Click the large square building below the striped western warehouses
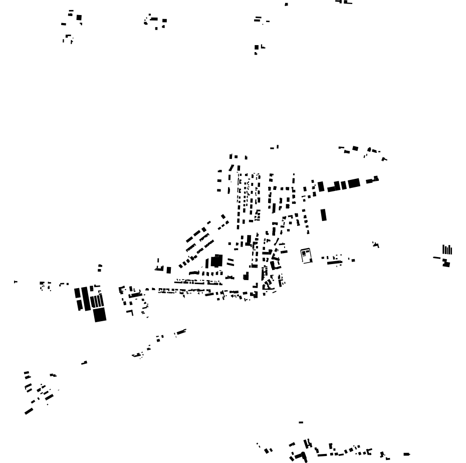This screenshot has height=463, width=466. [x=100, y=314]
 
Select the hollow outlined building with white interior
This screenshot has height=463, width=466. [x=306, y=255]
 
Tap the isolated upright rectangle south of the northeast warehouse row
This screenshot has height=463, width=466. [x=324, y=214]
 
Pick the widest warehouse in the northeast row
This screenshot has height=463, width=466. [x=354, y=183]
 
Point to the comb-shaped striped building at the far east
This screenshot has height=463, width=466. [x=447, y=249]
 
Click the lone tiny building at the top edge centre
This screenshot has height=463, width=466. [x=287, y=4]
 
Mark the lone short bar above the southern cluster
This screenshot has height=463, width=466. [x=301, y=422]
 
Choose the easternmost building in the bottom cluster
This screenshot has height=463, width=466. [x=406, y=454]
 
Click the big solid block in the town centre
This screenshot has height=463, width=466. [x=216, y=261]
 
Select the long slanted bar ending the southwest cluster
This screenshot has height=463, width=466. [x=29, y=411]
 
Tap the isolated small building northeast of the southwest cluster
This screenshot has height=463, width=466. [x=84, y=362]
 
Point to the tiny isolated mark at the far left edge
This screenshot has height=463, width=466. [x=15, y=282]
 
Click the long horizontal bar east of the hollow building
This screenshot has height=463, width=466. [x=334, y=261]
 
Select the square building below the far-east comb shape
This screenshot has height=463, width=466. [x=446, y=263]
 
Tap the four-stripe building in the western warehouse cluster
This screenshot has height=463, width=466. [x=97, y=301]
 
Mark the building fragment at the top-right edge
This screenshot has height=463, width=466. [x=344, y=2]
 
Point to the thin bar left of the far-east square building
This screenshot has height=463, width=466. [x=436, y=258]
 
